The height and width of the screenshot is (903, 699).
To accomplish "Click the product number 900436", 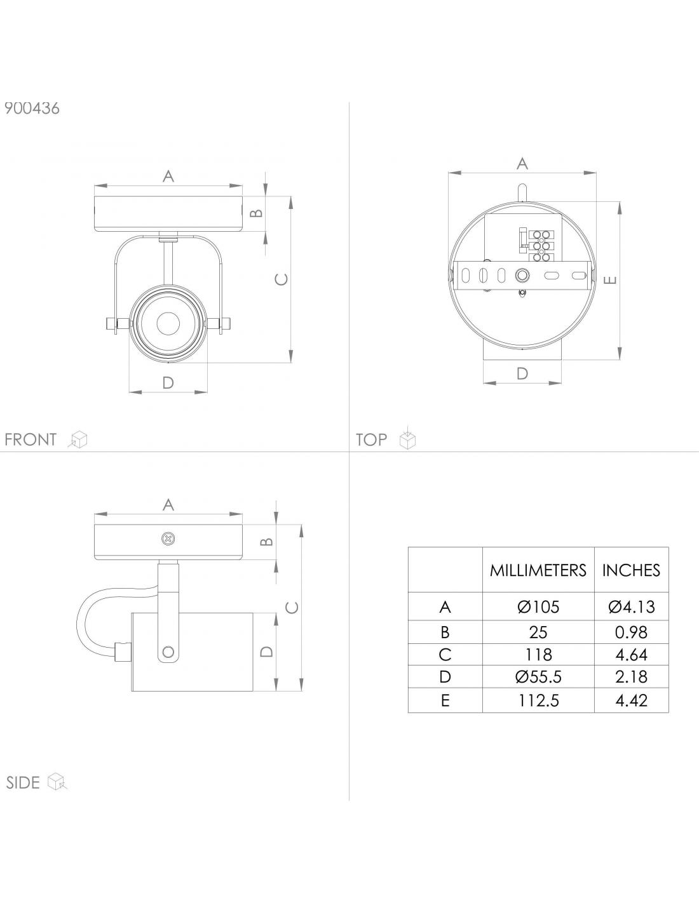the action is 32,109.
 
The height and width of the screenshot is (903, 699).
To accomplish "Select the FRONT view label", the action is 31,439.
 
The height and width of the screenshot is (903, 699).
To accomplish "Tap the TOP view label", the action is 371,439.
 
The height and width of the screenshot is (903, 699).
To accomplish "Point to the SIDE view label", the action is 23,782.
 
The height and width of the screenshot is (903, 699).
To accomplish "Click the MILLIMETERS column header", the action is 538,570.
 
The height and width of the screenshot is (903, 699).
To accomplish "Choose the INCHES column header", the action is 631,570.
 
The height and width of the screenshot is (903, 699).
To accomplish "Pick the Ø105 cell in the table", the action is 538,607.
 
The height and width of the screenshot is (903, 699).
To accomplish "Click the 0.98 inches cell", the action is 631,632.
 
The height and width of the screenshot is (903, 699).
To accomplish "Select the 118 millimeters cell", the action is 538,655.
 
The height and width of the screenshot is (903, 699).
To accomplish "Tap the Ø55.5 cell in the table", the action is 538,677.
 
